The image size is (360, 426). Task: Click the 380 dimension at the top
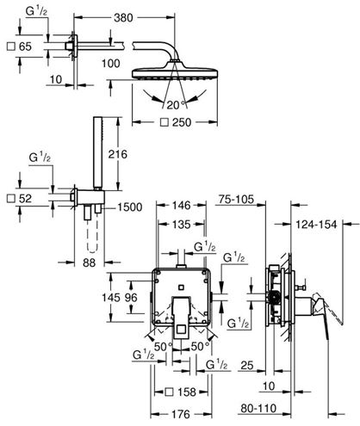coord(123,18)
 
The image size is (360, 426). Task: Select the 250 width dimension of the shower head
coord(182,122)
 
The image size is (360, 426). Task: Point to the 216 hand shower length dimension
coord(117,154)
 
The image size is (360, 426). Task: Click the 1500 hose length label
coord(130,207)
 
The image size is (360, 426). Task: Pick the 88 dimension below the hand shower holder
coord(89,262)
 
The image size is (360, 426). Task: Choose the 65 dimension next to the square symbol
coord(25,46)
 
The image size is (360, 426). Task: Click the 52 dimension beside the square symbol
coord(25,199)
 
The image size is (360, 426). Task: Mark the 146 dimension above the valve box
coord(181,206)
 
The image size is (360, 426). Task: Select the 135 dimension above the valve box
coord(181,225)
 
